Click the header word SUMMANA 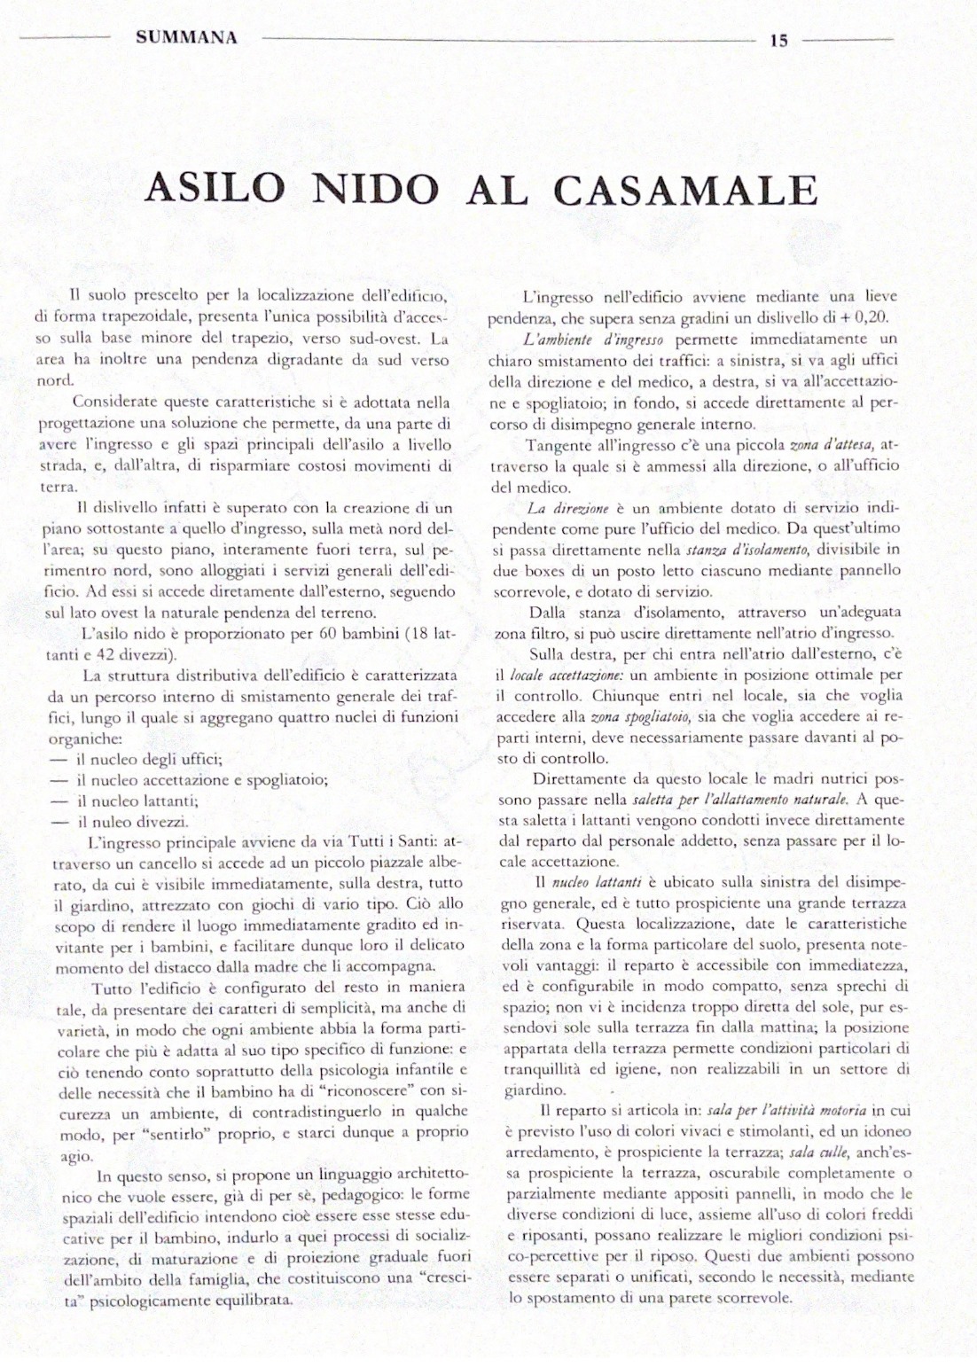click(187, 38)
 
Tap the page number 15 click(779, 40)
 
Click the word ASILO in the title click(215, 190)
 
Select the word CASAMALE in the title click(686, 190)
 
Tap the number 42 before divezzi click(91, 655)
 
